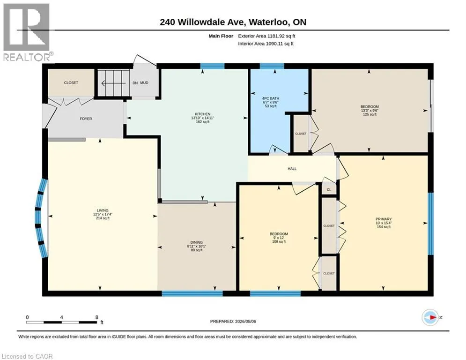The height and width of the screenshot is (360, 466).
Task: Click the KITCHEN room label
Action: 203,114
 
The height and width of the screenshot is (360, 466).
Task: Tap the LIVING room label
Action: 103,210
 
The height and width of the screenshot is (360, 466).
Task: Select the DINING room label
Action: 196,242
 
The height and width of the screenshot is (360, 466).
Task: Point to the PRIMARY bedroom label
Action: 384,219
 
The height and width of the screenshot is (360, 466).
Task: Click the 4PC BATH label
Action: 271,98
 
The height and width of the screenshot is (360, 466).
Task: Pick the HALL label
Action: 292,169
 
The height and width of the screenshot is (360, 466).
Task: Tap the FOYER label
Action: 86,119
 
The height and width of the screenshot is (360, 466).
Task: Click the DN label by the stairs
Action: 135,83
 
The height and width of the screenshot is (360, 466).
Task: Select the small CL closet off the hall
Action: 329,189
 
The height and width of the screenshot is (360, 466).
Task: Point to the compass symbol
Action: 430,317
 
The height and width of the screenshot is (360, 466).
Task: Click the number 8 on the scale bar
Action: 96,317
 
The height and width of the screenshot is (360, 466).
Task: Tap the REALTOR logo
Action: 27,32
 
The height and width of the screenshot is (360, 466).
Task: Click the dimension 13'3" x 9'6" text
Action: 370,110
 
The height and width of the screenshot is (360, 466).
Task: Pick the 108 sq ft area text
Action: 279,241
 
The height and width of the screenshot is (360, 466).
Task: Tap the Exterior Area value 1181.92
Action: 276,36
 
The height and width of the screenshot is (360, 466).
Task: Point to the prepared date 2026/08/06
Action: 245,321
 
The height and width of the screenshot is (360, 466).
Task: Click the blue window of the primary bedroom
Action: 430,224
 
